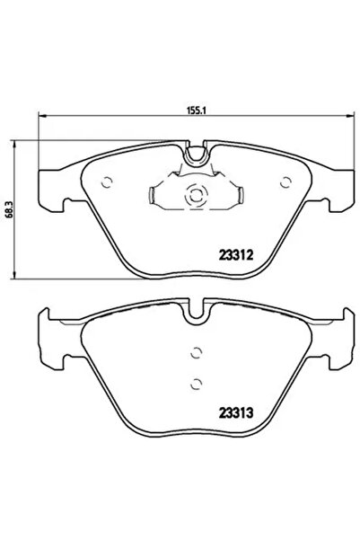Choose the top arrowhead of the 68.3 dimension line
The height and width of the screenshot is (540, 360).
(17, 142)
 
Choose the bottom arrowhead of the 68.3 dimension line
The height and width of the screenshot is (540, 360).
(17, 276)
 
